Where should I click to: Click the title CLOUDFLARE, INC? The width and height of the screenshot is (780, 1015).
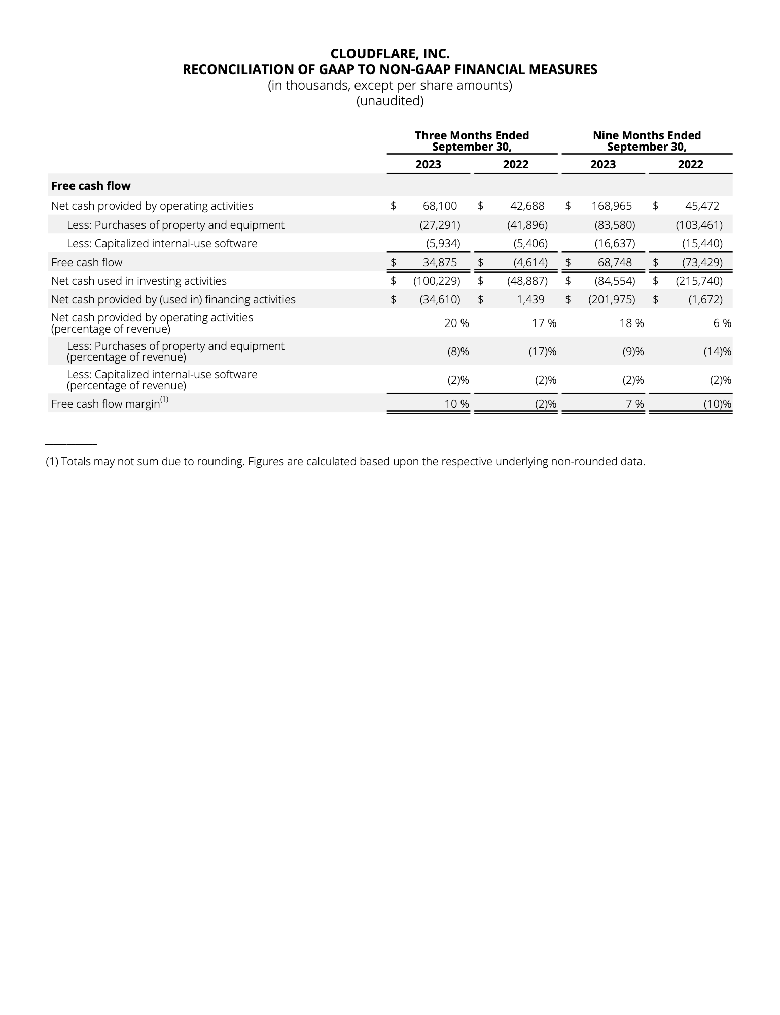389,54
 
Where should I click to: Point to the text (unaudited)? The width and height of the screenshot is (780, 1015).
389,101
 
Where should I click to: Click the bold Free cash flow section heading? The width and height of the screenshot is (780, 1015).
91,186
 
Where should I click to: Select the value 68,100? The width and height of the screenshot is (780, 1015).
440,206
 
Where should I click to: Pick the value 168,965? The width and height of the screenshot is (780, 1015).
612,206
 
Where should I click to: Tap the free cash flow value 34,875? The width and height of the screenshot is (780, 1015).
440,262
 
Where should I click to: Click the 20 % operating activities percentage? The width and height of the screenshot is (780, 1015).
456,323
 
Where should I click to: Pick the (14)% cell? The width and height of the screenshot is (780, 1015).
717,351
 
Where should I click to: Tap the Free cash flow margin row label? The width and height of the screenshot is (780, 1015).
105,404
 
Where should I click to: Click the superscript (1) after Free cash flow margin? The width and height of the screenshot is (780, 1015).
164,400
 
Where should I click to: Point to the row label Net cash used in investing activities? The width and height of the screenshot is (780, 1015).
138,281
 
